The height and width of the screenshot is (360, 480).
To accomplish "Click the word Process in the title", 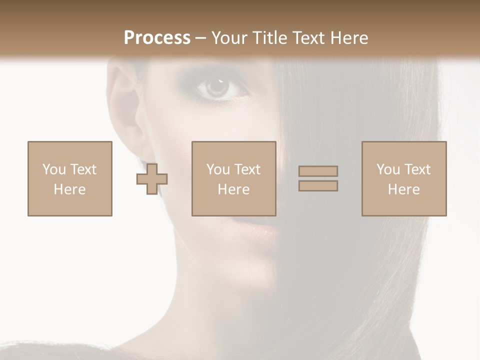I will point(157,38).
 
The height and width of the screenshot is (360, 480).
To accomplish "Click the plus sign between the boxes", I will point(152,179).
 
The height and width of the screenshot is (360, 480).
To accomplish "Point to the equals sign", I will point(318,178).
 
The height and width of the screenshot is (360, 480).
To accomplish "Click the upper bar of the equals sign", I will point(318,171).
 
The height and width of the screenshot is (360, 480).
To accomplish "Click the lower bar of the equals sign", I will point(318,186).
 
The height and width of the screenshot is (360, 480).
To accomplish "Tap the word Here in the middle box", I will point(233,189).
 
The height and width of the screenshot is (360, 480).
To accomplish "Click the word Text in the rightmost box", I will point(417,169).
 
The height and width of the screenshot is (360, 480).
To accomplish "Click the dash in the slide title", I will point(201,38).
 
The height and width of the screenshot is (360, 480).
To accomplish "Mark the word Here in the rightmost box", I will point(404,189).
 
